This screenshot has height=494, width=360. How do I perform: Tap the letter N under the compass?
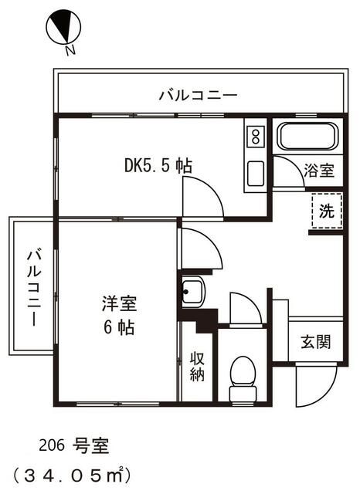[x=70, y=51]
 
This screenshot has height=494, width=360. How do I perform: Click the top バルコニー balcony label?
[x=198, y=95]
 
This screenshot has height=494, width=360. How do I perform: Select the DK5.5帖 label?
[x=158, y=166]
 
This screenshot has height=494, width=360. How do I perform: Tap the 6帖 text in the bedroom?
[x=118, y=327]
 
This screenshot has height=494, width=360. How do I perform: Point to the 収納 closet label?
[x=196, y=367]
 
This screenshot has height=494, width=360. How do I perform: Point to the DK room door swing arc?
[x=203, y=196]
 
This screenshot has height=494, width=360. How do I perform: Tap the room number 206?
[x=52, y=445]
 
